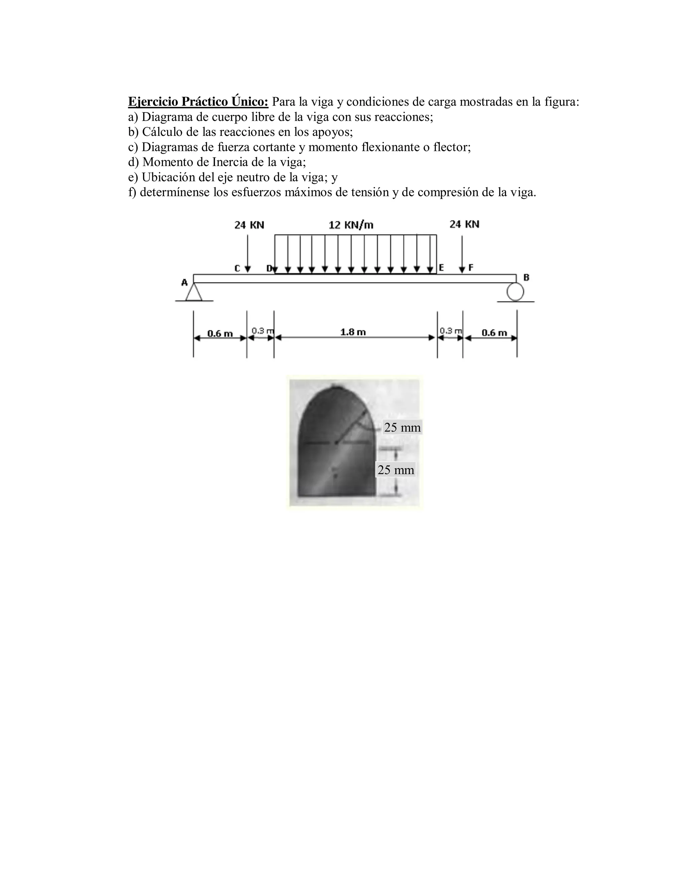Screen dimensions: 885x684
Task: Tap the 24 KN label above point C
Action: coord(249,225)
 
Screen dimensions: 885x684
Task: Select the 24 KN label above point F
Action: coord(464,224)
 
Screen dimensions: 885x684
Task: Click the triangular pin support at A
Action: coord(194,292)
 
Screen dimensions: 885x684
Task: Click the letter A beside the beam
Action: coord(184,282)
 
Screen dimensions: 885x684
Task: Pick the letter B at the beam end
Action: coord(526,278)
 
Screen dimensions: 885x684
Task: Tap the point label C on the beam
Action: coord(237,268)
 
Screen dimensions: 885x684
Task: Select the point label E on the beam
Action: coord(441,268)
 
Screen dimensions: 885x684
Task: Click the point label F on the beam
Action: coord(471,268)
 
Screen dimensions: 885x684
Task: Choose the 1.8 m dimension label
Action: coord(353,332)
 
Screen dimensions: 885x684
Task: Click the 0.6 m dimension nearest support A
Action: coord(220,334)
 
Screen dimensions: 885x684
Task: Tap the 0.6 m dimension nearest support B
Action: coord(494,333)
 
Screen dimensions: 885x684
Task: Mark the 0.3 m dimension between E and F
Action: coord(451,331)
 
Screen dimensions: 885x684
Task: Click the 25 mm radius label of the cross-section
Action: coord(402,427)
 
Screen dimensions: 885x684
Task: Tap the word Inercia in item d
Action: coord(230,162)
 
